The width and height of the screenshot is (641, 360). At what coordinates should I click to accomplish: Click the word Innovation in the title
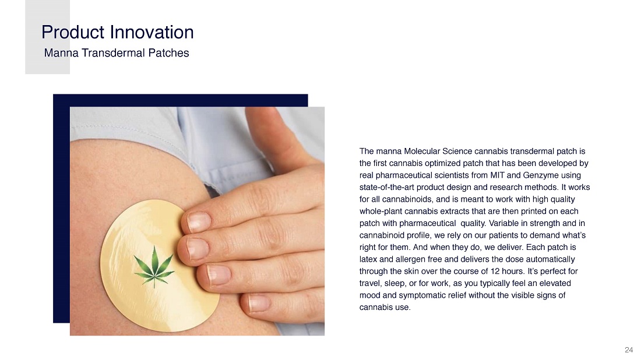pos(152,32)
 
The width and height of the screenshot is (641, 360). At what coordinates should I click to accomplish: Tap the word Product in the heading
pos(73,32)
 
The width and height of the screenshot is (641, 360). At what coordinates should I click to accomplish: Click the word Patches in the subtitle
pos(168,52)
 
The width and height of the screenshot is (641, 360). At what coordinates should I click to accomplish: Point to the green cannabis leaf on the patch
pos(154,266)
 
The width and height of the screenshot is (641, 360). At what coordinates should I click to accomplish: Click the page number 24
pos(629,350)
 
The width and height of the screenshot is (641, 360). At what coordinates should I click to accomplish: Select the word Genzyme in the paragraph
pos(540,176)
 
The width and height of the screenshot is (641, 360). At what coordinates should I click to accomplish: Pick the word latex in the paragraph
pos(368,259)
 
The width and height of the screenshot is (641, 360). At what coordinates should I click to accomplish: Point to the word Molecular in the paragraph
pos(422,151)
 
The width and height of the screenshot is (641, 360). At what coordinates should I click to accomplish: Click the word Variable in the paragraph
pos(503,223)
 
